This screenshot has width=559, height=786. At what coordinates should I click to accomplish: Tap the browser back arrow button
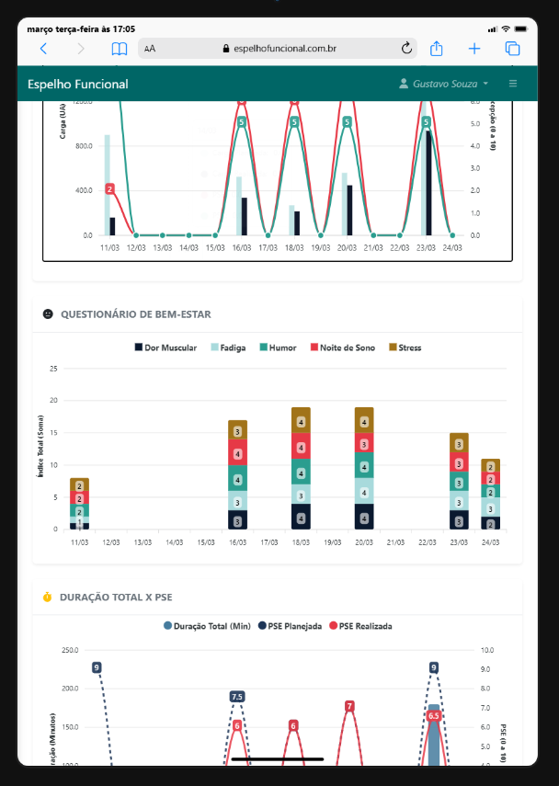tap(42, 49)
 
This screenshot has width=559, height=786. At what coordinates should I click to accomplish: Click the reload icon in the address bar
tap(407, 49)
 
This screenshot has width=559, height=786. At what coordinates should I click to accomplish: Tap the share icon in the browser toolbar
tap(438, 48)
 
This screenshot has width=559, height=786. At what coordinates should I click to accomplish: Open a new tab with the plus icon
tap(474, 49)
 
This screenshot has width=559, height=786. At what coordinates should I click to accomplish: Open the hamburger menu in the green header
tap(513, 84)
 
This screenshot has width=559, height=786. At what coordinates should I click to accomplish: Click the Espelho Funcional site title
tap(78, 85)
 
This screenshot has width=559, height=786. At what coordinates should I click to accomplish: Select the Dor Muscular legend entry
tap(165, 348)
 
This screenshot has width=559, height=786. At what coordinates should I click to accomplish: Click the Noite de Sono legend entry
tap(343, 348)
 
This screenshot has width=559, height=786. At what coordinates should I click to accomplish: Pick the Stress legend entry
tap(404, 348)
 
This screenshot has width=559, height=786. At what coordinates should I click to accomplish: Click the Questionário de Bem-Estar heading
tap(135, 314)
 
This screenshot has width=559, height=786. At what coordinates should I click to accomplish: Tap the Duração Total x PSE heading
tap(115, 598)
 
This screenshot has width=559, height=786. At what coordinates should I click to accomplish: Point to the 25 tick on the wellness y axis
tap(54, 369)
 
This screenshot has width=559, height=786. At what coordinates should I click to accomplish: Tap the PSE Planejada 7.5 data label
tap(237, 697)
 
